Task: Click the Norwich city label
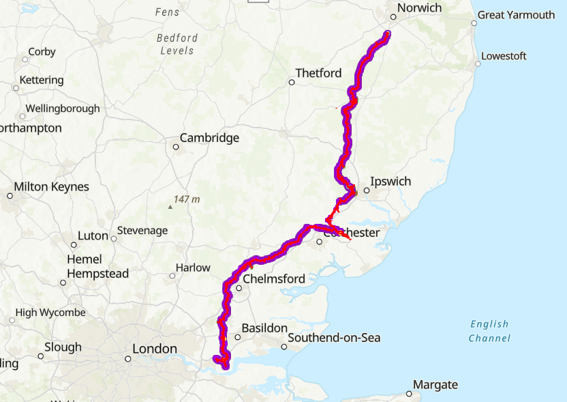[419, 8]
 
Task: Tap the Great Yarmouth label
[516, 14]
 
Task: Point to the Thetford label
[318, 73]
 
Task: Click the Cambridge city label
[209, 138]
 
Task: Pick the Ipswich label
[390, 182]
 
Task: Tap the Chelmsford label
[273, 278]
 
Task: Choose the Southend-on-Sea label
[334, 338]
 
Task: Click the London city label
[155, 349]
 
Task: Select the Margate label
[435, 385]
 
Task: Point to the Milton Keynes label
[51, 187]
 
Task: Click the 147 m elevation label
[187, 199]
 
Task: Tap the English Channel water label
[489, 331]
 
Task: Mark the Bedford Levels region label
[177, 44]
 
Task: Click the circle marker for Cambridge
[176, 147]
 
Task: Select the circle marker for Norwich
[393, 17]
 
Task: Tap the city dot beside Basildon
[238, 337]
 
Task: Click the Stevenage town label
[142, 231]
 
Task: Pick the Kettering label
[42, 81]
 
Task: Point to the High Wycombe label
[50, 313]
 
